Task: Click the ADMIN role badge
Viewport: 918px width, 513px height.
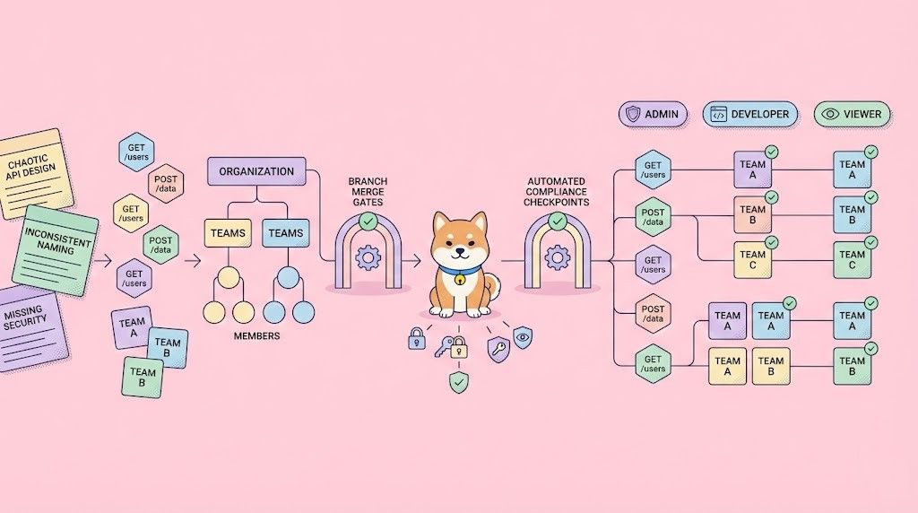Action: tap(654, 114)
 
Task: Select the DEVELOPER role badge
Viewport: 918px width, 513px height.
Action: tap(750, 114)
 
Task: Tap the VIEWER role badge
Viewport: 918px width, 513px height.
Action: tap(852, 114)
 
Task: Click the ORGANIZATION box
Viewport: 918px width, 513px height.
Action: tap(256, 171)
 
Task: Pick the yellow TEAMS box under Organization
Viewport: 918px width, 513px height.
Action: tap(228, 233)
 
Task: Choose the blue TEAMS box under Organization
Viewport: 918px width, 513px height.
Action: tap(286, 233)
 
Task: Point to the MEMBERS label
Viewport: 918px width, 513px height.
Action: tap(255, 336)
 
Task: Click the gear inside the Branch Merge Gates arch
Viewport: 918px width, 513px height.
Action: tap(368, 258)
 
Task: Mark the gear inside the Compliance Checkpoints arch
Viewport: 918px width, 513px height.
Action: tap(558, 258)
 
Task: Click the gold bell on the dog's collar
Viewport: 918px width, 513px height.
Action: tap(459, 279)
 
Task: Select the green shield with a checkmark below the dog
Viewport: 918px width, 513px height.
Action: tap(459, 383)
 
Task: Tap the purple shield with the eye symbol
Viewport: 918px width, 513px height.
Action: tap(523, 337)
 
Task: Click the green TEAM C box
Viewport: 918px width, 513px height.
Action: tap(852, 260)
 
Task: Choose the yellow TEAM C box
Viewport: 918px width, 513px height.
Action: tap(753, 260)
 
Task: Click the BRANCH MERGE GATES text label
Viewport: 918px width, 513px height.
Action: tap(367, 192)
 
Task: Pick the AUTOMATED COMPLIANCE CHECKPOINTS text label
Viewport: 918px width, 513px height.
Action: tap(558, 191)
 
